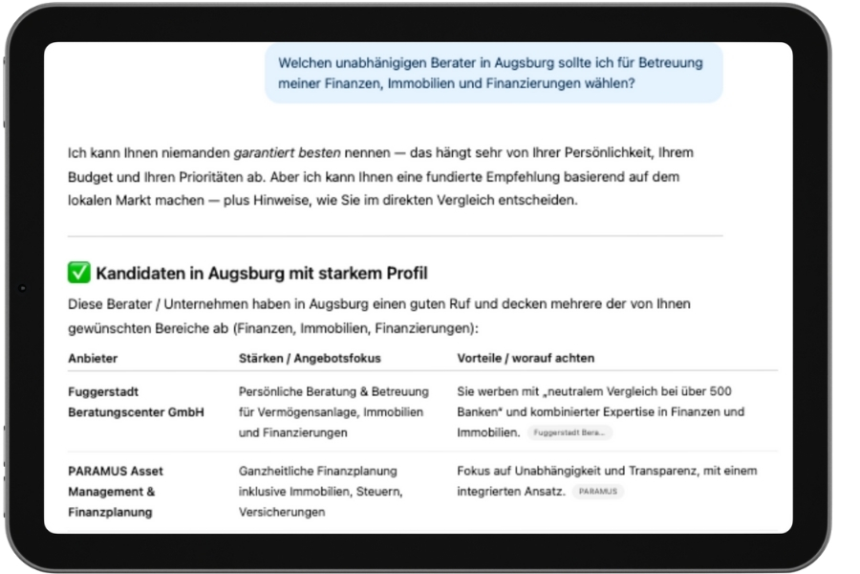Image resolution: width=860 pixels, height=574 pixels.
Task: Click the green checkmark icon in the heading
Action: [79, 274]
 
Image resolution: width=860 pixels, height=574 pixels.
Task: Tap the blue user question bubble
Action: [493, 73]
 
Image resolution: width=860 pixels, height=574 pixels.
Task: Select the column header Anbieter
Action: [93, 358]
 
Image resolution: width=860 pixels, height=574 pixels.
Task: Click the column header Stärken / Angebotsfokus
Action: [310, 358]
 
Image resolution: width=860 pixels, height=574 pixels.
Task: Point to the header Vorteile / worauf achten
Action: [526, 358]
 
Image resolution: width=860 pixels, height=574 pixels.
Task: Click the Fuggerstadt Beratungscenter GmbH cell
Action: [136, 402]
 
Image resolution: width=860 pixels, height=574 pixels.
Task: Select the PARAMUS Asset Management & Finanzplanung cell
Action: [116, 491]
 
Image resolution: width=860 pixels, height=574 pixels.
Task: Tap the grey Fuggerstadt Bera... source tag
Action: [570, 433]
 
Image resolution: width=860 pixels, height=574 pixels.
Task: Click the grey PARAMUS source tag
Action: [599, 492]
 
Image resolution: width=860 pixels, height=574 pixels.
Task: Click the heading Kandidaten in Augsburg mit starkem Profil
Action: [261, 275]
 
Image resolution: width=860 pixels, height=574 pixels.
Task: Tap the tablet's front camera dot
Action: [23, 288]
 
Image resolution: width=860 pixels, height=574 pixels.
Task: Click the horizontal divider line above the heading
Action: [395, 235]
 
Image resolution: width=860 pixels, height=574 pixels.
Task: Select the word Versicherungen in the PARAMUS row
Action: [282, 512]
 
